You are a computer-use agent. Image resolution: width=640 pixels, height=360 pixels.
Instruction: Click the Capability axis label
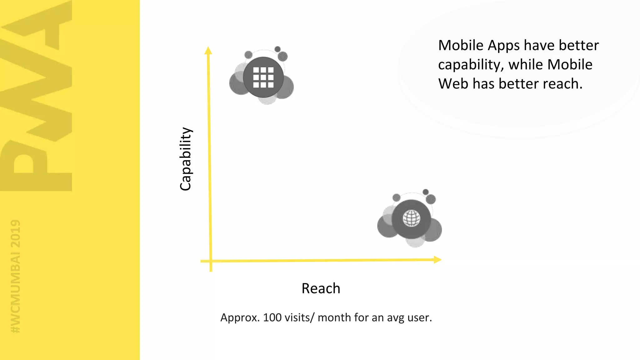coord(186,159)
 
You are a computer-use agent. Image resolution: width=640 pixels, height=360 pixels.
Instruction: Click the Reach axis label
coord(321,288)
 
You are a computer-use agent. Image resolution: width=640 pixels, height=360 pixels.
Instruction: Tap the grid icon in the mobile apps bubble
coord(263,77)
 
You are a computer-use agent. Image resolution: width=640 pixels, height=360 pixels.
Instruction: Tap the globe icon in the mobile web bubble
coord(411,218)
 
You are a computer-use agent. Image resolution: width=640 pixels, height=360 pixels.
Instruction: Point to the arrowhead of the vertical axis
coord(208,51)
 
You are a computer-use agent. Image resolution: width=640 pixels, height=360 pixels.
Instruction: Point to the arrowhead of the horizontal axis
coord(437,260)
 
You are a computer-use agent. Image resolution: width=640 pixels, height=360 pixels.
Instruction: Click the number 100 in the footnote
coord(272,317)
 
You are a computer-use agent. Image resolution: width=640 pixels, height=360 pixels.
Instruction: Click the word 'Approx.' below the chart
coord(240,317)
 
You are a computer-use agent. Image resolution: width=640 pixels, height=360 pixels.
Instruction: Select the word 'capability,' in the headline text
coord(471,65)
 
